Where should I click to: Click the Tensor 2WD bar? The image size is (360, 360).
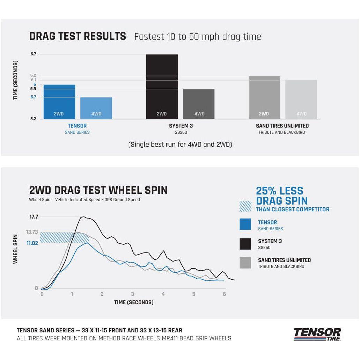59,102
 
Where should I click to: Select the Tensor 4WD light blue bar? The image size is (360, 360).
96,108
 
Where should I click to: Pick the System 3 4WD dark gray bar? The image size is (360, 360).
199,104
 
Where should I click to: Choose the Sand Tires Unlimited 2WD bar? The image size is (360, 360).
264,98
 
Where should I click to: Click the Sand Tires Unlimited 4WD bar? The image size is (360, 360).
301,100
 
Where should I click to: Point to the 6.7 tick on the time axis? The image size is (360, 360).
33,54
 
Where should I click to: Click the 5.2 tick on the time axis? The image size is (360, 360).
33,119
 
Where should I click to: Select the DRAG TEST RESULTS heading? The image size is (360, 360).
78,36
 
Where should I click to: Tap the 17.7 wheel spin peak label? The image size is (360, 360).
34,217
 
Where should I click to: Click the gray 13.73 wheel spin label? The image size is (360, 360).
32,232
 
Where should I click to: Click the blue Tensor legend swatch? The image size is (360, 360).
245,225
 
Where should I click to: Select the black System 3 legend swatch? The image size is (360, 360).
245,244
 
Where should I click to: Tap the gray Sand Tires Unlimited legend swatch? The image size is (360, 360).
245,263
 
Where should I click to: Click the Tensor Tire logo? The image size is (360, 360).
317,334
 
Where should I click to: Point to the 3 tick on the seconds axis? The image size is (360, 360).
133,294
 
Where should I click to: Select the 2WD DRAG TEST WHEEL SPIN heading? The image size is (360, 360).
98,190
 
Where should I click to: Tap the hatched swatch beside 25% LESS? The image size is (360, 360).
245,206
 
